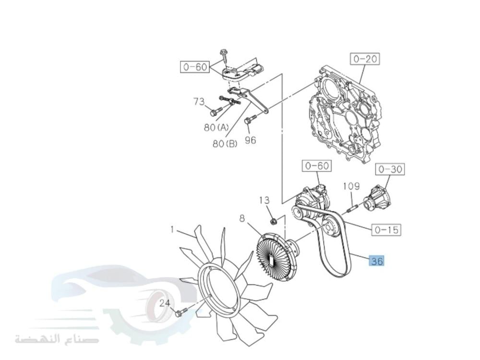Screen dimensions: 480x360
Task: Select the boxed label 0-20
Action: click(365, 59)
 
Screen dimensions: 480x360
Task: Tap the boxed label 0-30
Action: click(390, 169)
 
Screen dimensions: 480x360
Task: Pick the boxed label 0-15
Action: click(386, 229)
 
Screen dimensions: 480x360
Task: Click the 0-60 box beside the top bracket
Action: click(195, 67)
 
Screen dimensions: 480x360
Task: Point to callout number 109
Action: click(351, 186)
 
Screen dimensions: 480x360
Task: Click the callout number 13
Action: click(264, 201)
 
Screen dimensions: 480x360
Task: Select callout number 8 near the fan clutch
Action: click(242, 218)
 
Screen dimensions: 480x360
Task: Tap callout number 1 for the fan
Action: click(172, 229)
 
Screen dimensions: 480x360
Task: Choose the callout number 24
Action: click(165, 303)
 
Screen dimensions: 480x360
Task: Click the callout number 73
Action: click(199, 101)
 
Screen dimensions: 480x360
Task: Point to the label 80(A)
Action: click(216, 127)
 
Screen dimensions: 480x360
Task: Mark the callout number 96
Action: click(251, 140)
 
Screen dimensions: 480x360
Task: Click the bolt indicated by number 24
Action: click(181, 312)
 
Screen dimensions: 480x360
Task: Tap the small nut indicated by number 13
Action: click(274, 220)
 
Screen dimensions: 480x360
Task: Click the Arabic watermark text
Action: click(57, 339)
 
